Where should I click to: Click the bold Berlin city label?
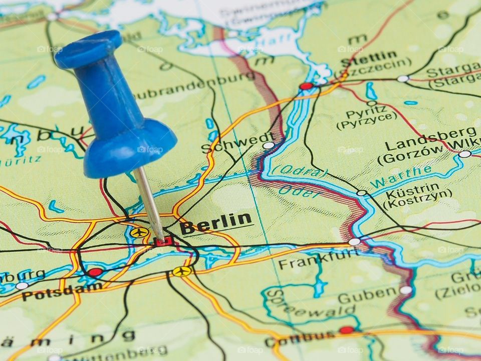click(x=216, y=224)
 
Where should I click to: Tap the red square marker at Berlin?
click(x=163, y=242)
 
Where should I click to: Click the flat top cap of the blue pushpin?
click(x=88, y=49)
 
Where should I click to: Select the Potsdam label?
click(x=62, y=292)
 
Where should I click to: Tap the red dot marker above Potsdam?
click(x=95, y=272)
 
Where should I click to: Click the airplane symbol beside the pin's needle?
click(x=139, y=233)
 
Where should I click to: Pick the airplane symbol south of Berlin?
click(x=182, y=271)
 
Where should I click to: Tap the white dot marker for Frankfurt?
click(x=354, y=242)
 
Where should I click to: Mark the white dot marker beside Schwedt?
click(x=269, y=145)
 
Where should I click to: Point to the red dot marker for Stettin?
click(x=306, y=86)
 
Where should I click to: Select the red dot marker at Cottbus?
click(x=346, y=330)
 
